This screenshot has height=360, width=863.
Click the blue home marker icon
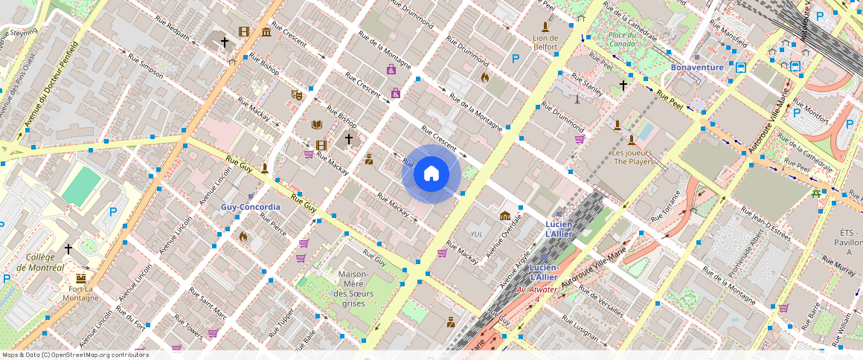point(431,174)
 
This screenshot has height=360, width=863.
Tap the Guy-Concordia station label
point(250,207)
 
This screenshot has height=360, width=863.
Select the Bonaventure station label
point(697,67)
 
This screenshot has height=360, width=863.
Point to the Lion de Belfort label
point(545,42)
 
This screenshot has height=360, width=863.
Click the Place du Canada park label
point(621,39)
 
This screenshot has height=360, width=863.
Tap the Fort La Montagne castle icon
point(81,278)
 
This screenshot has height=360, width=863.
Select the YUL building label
point(477,234)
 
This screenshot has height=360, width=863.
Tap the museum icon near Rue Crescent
point(266,31)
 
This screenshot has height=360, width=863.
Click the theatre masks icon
point(296,94)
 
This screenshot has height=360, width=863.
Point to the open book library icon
point(316,124)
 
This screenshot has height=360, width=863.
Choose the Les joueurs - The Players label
point(632,157)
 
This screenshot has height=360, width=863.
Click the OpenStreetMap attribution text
point(76,355)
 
